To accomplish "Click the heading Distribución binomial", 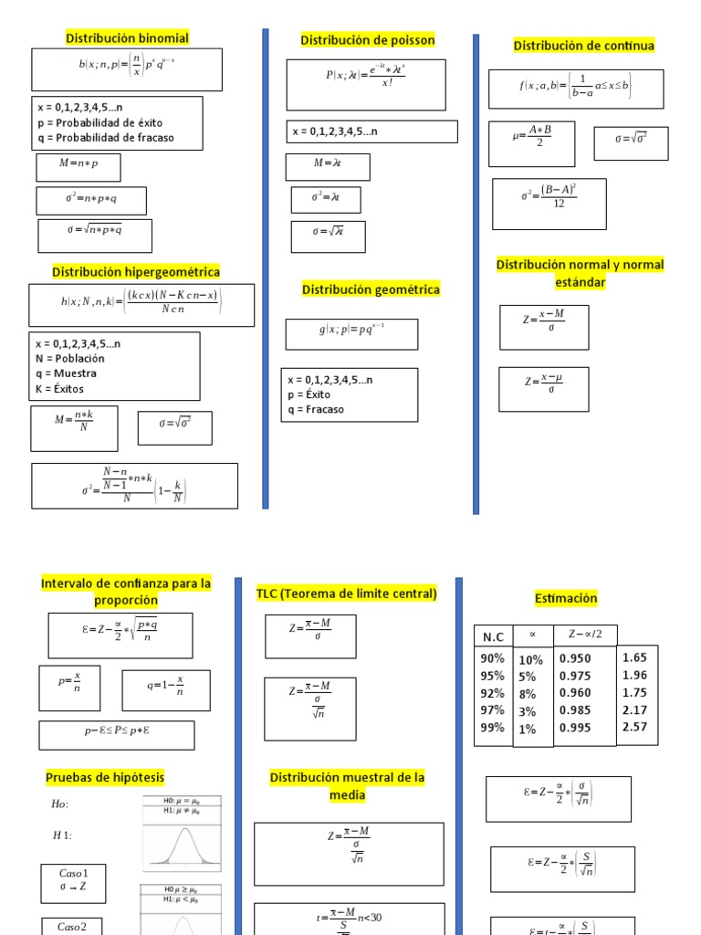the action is [x=127, y=38].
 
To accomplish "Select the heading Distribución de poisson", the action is [x=368, y=40].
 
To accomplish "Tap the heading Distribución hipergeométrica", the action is [x=136, y=272].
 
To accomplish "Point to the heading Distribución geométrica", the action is [x=371, y=289].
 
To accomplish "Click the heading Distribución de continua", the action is [x=583, y=46].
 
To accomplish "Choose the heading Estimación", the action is [x=566, y=598].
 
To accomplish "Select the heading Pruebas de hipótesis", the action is [x=105, y=777].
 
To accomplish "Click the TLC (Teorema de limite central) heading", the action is [x=347, y=594].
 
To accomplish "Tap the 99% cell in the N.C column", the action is [x=492, y=728].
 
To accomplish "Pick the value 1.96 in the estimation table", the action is [x=634, y=676].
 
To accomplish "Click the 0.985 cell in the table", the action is [x=575, y=710].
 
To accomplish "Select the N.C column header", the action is [x=494, y=636].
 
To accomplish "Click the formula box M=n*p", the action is [x=78, y=168].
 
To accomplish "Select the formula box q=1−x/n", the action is [x=165, y=690].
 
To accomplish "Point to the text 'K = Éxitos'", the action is [x=60, y=389].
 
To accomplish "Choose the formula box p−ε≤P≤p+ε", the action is [x=116, y=735].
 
